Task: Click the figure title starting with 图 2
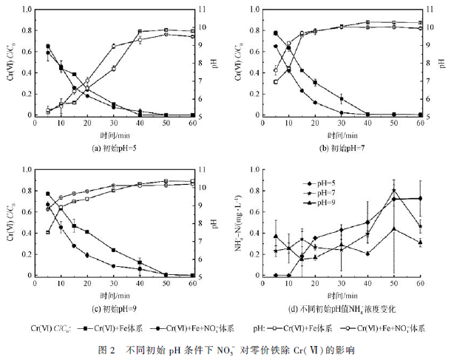coord(225,348)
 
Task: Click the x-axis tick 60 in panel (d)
coord(420,284)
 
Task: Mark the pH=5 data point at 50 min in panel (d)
coord(394,199)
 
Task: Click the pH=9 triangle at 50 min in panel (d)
coord(394,228)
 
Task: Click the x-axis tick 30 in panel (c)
coord(113,284)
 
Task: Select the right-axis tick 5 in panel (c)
coord(211,276)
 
